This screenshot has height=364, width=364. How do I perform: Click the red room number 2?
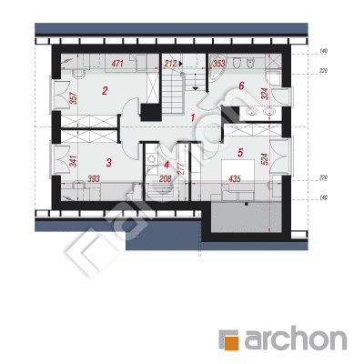click(x=105, y=90)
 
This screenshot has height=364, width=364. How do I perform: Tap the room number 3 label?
click(x=109, y=163)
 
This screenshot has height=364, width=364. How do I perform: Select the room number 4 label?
click(x=167, y=165)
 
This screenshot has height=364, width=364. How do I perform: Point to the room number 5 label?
click(x=240, y=153)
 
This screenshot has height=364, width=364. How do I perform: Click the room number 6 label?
click(x=241, y=86)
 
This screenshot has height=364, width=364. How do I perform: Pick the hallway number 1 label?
click(x=192, y=117)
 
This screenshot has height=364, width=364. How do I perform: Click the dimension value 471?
click(x=117, y=64)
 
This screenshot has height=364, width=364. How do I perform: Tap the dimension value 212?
click(x=170, y=64)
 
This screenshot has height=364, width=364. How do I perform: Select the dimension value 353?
click(x=219, y=64)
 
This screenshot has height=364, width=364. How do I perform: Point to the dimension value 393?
click(x=94, y=179)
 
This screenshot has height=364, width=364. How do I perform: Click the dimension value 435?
click(x=235, y=178)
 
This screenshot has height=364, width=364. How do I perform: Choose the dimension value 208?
click(x=166, y=179)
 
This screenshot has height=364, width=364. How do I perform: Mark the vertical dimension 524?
click(x=264, y=159)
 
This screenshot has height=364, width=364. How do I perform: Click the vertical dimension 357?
click(x=74, y=98)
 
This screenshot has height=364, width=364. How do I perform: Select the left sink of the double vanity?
click(x=251, y=112)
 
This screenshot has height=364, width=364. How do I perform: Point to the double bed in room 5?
click(x=238, y=176)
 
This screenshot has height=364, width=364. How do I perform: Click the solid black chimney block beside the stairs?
click(x=151, y=112)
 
